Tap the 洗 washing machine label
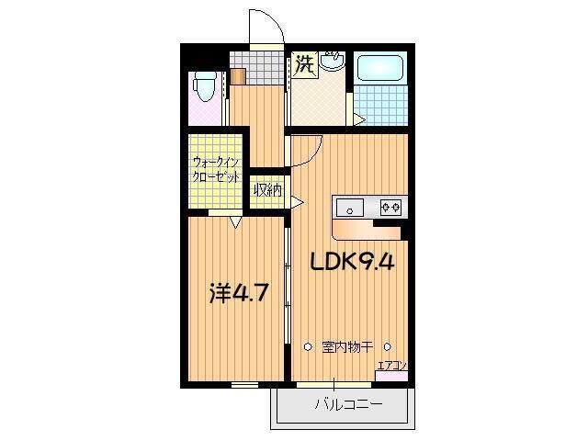click(304, 65)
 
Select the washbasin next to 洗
click(332, 62)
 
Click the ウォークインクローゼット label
click(216, 170)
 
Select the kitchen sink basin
click(352, 207)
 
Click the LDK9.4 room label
click(352, 262)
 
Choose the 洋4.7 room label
click(239, 296)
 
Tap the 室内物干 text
click(347, 347)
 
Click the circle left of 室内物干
click(308, 347)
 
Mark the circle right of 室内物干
click(388, 347)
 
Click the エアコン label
click(392, 366)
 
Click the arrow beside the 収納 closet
click(298, 202)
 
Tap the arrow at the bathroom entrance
click(359, 119)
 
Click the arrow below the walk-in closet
click(235, 221)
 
